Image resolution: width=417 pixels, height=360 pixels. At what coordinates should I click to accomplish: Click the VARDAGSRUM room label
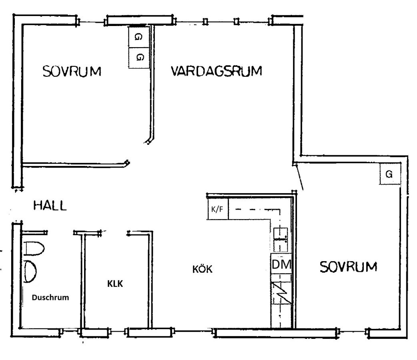(216, 71)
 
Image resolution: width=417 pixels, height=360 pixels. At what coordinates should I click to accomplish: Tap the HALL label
(50, 206)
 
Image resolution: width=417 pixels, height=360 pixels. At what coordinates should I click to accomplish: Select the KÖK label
(202, 269)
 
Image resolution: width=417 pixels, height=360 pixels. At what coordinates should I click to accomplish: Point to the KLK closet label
(115, 284)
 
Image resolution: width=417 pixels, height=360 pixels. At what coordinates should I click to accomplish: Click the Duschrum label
(50, 297)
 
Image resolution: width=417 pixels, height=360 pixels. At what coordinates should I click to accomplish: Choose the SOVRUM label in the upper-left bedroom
(72, 71)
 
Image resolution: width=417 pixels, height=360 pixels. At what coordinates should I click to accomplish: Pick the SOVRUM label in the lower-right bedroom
(349, 267)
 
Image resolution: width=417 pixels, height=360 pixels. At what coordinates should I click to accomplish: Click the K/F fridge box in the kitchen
(218, 209)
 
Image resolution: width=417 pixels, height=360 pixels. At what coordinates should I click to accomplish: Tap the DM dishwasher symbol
(281, 264)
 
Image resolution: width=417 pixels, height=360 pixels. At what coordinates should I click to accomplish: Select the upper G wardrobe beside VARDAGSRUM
(138, 37)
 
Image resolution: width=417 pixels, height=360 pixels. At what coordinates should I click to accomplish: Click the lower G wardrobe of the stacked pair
(139, 58)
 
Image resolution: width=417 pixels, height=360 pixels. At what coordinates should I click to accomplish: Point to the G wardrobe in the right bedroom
(390, 174)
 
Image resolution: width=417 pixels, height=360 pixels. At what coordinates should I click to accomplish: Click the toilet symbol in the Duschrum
(34, 248)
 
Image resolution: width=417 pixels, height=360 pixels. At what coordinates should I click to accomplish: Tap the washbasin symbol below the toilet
(30, 271)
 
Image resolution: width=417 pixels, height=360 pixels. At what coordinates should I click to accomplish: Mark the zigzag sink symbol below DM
(281, 292)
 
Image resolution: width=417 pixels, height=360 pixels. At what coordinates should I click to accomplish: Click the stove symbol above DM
(281, 240)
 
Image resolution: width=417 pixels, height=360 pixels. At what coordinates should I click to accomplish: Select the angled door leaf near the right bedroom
(299, 177)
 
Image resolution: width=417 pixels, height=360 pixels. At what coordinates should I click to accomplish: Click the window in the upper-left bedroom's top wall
(92, 22)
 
